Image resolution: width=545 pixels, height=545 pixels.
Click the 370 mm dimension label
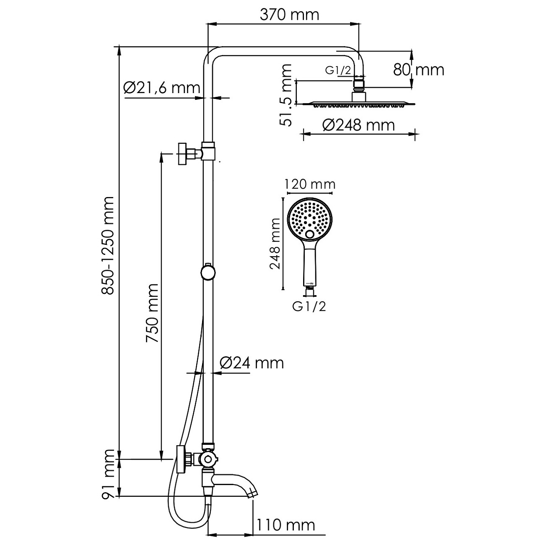(289, 15)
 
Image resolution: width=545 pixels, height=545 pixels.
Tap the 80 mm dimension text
(418, 69)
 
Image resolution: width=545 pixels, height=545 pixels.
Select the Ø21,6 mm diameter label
(161, 88)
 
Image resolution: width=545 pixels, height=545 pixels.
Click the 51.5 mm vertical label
(286, 95)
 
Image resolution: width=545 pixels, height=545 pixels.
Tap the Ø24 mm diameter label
(252, 362)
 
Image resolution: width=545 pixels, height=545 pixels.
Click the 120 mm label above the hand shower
(310, 184)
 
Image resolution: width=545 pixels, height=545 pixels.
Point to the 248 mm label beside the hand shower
(275, 244)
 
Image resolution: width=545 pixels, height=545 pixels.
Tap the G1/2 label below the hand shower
(309, 306)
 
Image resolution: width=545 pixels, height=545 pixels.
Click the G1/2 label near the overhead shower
(338, 70)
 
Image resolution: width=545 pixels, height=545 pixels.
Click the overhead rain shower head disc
(358, 103)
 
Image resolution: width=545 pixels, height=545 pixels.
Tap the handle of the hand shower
(310, 264)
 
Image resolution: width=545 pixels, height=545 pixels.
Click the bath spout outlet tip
(252, 495)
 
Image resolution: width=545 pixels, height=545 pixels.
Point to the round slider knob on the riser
(208, 272)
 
